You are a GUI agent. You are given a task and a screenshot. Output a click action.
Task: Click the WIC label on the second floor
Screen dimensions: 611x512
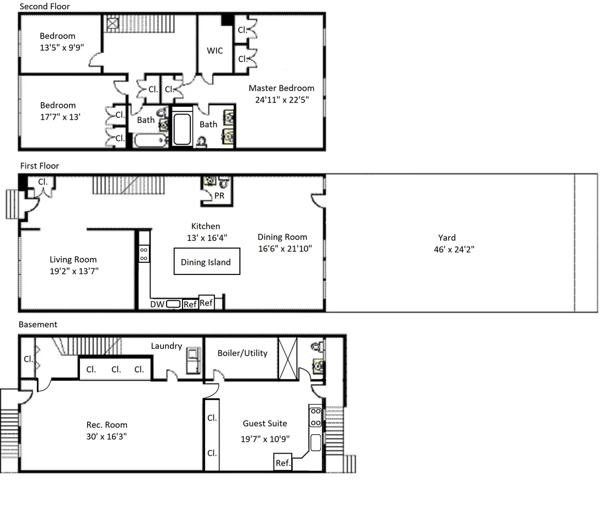tap(215, 51)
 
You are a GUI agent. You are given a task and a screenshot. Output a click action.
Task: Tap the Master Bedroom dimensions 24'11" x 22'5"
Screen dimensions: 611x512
tap(282, 100)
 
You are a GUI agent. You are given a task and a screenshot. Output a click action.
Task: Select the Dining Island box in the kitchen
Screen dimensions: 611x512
tap(207, 261)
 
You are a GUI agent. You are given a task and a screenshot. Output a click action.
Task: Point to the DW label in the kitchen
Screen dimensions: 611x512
tap(157, 304)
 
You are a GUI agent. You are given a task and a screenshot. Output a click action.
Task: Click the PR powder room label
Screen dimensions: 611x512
tap(219, 196)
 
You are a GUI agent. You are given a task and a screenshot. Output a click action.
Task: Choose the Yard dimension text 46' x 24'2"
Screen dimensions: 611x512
tap(454, 249)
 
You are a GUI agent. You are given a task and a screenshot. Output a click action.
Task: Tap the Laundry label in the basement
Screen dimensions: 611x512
tap(167, 346)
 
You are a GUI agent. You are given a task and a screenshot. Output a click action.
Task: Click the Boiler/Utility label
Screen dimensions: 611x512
tap(243, 353)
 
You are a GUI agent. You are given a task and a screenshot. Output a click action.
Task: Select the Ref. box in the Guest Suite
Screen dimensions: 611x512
tap(283, 462)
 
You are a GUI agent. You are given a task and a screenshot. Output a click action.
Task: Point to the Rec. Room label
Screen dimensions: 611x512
tap(107, 425)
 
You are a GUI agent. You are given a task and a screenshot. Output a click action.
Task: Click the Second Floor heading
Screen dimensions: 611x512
tap(45, 6)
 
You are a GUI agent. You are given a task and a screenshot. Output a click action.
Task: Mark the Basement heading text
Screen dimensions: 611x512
tap(38, 324)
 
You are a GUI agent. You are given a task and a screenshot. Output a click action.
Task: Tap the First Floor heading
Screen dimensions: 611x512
tap(39, 165)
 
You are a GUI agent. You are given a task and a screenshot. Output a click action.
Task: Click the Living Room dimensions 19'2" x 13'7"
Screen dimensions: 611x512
tap(74, 271)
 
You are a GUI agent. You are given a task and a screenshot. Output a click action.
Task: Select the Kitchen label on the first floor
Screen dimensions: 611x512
tap(205, 226)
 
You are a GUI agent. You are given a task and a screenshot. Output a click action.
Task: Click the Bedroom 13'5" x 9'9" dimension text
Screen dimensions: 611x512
tap(62, 47)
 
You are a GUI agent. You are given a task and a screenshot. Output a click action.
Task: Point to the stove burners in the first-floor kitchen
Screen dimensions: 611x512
tap(144, 254)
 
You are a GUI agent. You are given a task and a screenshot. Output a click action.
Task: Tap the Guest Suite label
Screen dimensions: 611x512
tap(265, 423)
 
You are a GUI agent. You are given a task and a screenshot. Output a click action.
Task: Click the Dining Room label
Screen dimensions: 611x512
tap(282, 237)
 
